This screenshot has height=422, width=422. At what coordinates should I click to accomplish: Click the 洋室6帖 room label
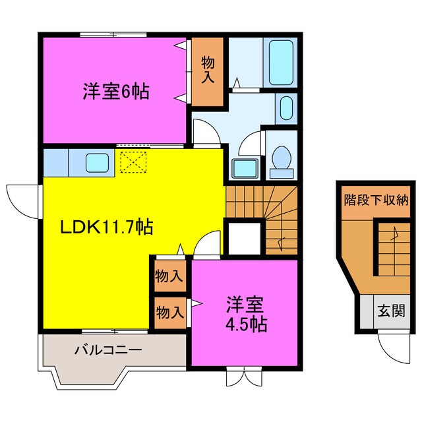116,91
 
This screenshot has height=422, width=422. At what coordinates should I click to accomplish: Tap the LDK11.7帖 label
107,228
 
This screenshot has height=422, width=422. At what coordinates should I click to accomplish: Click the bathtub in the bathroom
280,61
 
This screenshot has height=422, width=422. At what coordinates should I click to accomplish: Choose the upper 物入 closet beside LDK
169,276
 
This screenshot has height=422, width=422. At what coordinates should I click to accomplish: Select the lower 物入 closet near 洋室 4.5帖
169,312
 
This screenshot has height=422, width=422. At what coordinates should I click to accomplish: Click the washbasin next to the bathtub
285,107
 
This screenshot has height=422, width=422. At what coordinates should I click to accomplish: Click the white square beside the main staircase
243,237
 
